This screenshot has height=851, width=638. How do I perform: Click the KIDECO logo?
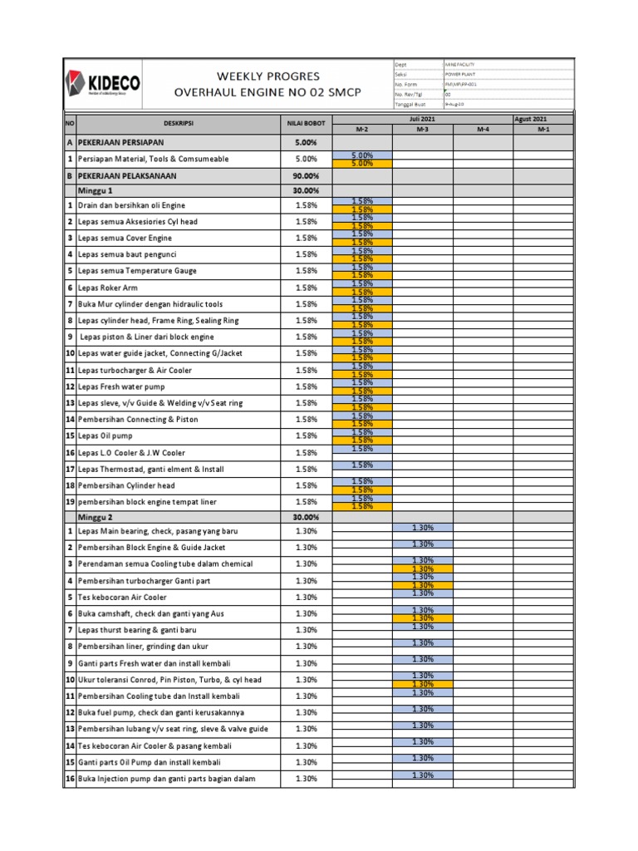coord(103,82)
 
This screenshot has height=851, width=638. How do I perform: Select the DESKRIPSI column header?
coord(178,124)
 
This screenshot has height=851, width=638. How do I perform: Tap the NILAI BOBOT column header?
coord(306,124)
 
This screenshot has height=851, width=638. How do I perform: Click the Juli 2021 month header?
coord(422,119)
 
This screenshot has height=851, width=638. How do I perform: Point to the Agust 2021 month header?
coord(543,119)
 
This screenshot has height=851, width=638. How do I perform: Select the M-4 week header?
coord(483,130)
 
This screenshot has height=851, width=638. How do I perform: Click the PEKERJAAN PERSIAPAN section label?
coord(125,143)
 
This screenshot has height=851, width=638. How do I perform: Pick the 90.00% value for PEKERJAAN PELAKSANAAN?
coord(306,176)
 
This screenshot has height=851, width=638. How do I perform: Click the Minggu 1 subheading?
coord(96,190)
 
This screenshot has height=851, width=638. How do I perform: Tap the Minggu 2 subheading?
coord(96,517)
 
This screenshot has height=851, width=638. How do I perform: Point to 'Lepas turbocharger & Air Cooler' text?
coord(135,370)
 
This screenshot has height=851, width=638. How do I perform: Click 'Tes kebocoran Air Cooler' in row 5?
coord(122,598)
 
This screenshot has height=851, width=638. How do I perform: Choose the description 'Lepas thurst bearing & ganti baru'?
coord(137,630)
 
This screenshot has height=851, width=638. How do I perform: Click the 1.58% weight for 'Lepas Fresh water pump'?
coord(306,386)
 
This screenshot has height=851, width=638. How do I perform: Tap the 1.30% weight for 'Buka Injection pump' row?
coord(306,779)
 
